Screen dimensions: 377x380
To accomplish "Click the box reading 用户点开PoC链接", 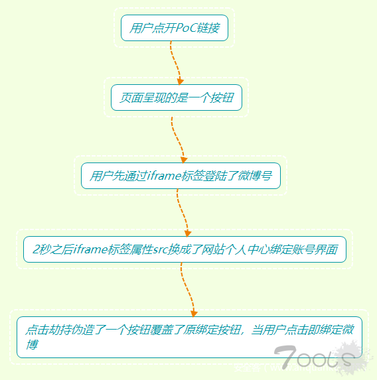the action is pos(175,28).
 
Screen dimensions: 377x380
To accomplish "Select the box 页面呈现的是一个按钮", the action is pos(177,97).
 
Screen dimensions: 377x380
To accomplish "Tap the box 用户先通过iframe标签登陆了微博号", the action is pos(181,176).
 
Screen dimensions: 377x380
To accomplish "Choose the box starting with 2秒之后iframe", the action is pos(185,249).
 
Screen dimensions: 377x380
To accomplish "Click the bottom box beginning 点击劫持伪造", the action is pos(189,337).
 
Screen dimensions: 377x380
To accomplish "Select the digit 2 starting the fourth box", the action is pos(36,249).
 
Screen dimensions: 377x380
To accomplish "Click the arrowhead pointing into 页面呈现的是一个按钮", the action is pos(180,82).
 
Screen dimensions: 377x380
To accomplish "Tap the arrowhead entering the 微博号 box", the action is pos(184,160).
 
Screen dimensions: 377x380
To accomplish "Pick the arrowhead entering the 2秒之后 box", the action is pos(188,233).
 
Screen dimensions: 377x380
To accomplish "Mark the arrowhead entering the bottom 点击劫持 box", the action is pos(194,314).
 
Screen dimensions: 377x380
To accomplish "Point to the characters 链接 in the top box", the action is pos(208,28).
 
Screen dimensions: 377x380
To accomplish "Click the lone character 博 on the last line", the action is pos(32,344).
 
